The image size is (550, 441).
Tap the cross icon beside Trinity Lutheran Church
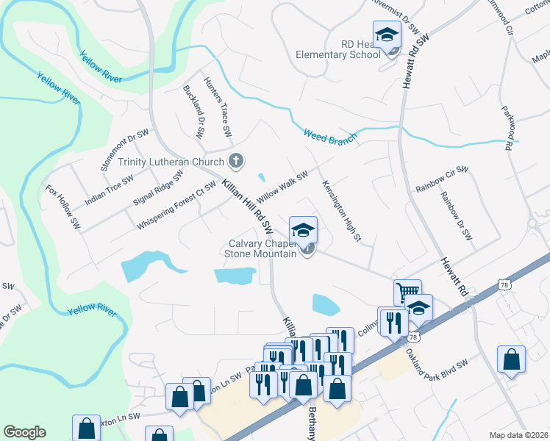click(237, 159)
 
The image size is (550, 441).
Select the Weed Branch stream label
click(330, 135)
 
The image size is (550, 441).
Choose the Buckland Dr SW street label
click(193, 112)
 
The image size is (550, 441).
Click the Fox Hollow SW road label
click(62, 207)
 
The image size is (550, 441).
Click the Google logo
click(24, 432)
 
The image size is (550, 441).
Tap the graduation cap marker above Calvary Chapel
click(303, 229)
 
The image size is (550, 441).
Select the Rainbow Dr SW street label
click(455, 217)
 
